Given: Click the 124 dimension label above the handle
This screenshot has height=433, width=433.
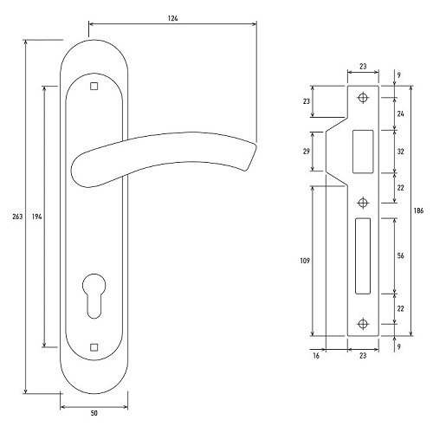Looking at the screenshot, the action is coord(172,18).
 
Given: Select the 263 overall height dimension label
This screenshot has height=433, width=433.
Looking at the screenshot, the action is coord(17,216).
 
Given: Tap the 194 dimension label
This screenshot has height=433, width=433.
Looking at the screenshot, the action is coord(37,216).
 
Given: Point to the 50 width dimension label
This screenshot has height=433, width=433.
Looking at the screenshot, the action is coord(94,413).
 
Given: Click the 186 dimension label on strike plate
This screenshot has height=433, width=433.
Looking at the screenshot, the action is coord(418,210).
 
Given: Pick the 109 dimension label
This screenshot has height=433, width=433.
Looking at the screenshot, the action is coord(305,261).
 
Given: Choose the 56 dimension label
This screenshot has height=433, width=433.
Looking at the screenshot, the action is coord(400,255).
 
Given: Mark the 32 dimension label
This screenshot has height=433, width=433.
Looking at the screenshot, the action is coord(400,152).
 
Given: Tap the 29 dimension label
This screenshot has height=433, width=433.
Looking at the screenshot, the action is coord(307,151).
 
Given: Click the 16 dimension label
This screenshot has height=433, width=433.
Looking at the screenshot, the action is coord(316,356).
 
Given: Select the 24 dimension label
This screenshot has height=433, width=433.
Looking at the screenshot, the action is coord(400,113).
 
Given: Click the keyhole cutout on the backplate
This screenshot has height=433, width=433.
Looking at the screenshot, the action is coord(94,295).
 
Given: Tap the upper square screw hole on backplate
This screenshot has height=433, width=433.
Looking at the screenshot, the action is coord(94,86).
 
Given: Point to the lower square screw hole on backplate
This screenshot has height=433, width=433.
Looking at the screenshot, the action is coord(94,347).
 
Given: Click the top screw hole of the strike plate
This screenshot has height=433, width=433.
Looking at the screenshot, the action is coord(363,97).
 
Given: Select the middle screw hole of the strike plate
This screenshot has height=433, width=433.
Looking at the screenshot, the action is coord(363,203).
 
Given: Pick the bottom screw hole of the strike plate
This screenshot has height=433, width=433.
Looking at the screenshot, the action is coord(363,324).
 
